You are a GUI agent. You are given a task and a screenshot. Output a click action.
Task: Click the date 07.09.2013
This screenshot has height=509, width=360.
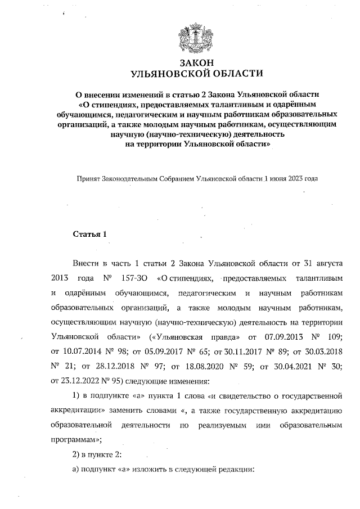[x=265, y=336]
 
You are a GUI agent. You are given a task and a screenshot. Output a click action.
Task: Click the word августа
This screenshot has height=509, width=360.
[x=327, y=263]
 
